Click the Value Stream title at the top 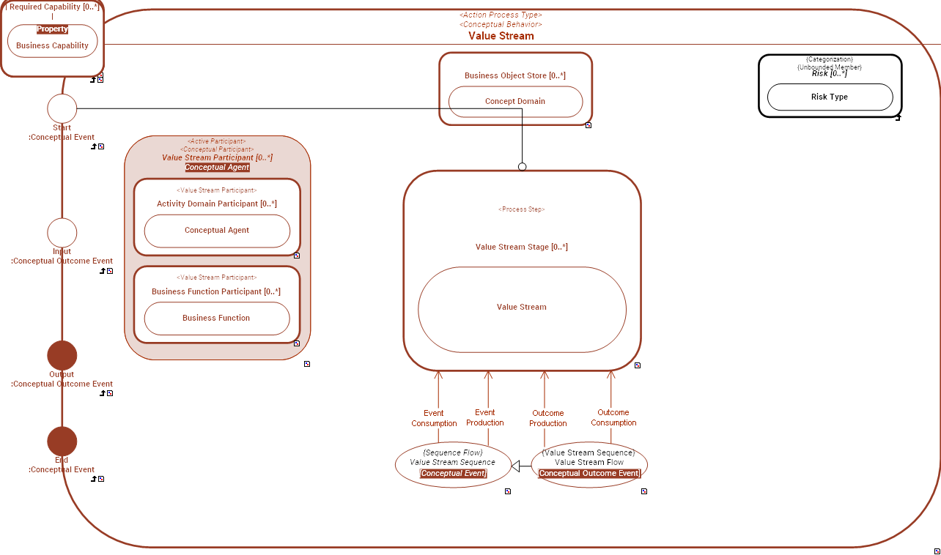[501, 36]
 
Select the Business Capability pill [53, 45]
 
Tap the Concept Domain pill [515, 102]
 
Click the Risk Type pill [830, 97]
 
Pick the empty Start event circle [62, 108]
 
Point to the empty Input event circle [62, 233]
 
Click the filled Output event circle [62, 355]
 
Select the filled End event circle [62, 442]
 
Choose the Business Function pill [217, 319]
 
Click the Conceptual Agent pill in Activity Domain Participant [217, 231]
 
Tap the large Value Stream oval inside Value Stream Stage [522, 308]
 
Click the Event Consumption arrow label [434, 418]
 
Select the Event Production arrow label [485, 417]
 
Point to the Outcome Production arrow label [548, 418]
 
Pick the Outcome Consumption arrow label [613, 417]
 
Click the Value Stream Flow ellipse [589, 463]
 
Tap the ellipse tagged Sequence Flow [452, 463]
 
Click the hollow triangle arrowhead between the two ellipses [516, 466]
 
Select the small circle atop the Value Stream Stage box [523, 167]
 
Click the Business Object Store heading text [515, 75]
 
